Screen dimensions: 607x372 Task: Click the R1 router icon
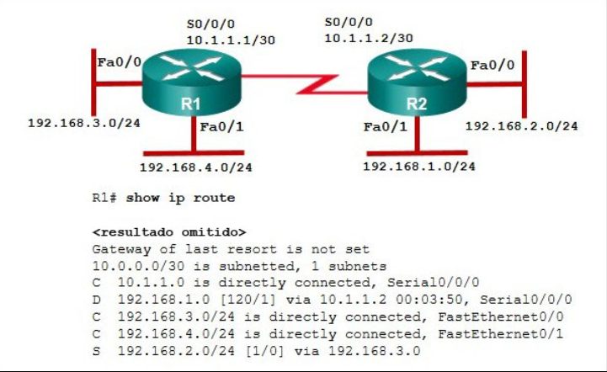[192, 82]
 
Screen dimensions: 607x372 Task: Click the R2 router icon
[417, 82]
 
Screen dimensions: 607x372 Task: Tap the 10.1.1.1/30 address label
[232, 40]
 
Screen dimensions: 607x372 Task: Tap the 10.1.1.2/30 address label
[369, 38]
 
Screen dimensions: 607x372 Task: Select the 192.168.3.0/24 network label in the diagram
[84, 123]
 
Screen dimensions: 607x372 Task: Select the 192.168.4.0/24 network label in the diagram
[196, 167]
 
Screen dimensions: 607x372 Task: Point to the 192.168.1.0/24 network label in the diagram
[419, 166]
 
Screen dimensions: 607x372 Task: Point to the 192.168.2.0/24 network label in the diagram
[521, 125]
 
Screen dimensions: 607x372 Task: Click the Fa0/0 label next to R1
[120, 62]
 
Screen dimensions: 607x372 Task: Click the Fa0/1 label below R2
[386, 126]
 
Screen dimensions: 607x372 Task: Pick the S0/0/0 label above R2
[349, 22]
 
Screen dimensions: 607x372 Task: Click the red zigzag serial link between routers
[304, 84]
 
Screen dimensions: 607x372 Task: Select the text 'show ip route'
[180, 198]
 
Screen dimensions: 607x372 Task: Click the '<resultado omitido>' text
[169, 232]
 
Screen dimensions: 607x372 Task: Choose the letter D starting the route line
[96, 300]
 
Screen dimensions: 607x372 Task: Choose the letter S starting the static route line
[96, 351]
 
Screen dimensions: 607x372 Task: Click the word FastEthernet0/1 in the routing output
[501, 333]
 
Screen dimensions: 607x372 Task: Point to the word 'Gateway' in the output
[121, 250]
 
